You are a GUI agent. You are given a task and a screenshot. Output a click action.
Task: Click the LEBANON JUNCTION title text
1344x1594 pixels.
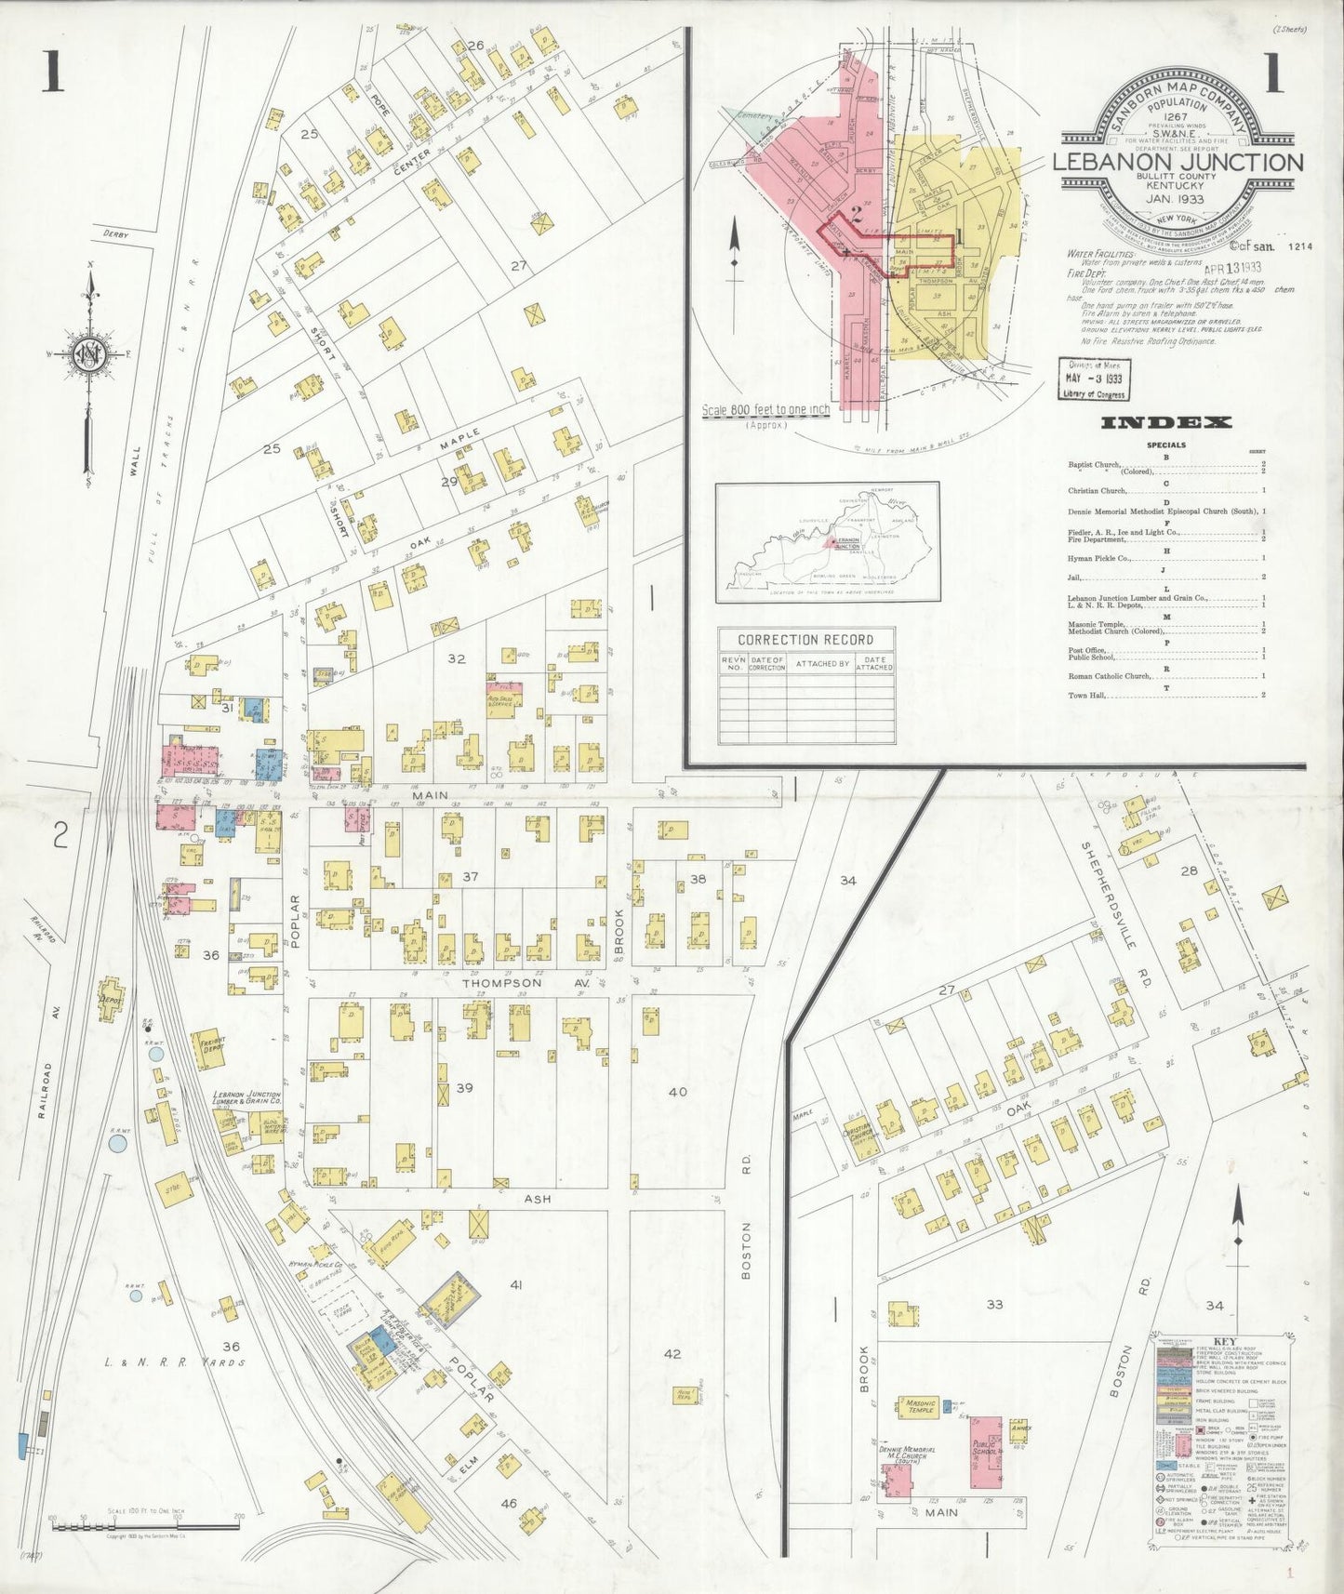[1177, 162]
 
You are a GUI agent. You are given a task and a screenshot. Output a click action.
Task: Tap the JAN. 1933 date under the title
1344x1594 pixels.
[1175, 199]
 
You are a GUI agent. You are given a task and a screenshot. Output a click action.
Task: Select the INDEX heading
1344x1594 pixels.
[1166, 423]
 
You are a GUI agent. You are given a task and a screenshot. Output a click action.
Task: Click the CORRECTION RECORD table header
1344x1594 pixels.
[805, 640]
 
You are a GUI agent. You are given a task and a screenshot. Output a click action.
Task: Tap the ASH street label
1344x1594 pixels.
[538, 1199]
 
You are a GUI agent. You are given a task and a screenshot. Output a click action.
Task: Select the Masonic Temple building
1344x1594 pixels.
[916, 1406]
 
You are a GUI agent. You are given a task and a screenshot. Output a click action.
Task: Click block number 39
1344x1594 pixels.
[464, 1088]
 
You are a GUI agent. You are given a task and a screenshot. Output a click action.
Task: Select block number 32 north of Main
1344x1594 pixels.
[456, 658]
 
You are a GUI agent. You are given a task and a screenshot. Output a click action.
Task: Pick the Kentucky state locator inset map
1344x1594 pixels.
[827, 542]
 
